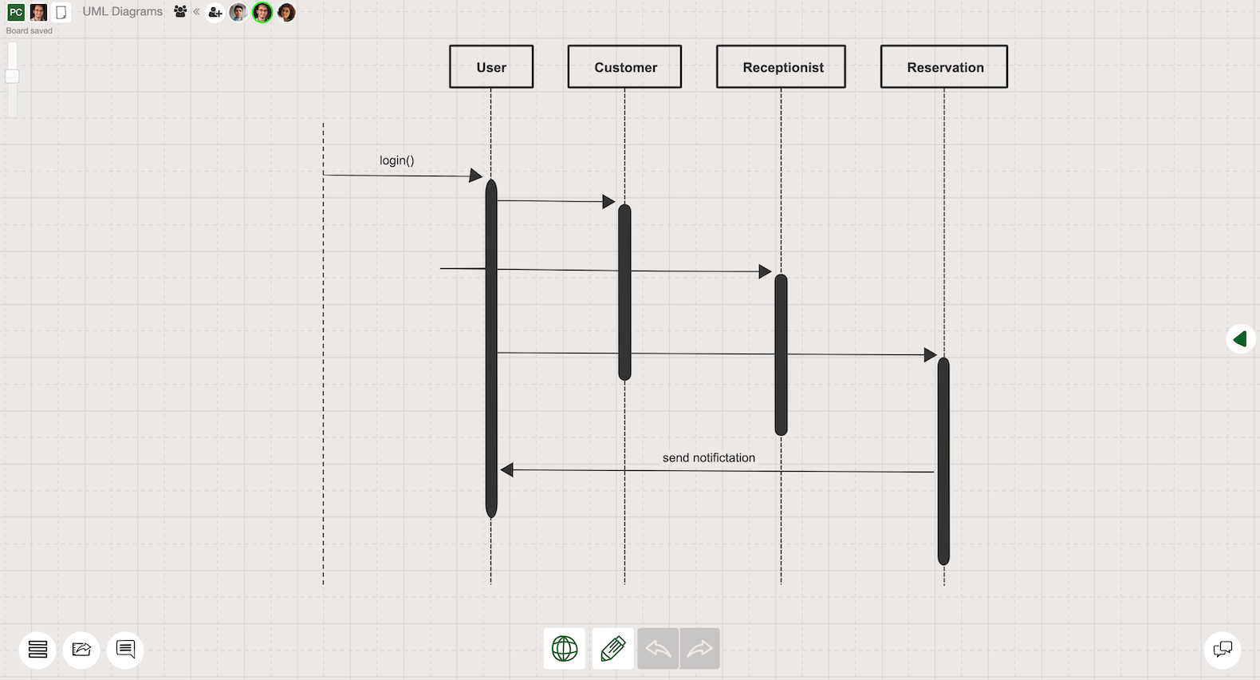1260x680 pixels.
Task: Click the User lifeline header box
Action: click(x=491, y=67)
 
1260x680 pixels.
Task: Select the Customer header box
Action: click(x=624, y=67)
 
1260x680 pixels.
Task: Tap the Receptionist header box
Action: click(x=781, y=67)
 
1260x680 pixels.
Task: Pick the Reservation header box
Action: click(x=944, y=67)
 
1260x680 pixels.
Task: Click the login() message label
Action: click(x=396, y=160)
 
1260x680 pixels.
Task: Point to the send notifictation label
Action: click(x=708, y=457)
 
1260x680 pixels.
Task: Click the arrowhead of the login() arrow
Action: click(x=476, y=176)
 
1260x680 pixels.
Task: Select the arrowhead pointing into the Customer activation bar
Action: click(x=608, y=202)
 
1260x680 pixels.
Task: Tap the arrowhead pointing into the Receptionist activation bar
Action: click(x=765, y=272)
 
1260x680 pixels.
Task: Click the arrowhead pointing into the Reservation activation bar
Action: click(x=930, y=355)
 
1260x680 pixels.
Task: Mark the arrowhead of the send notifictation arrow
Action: click(x=507, y=470)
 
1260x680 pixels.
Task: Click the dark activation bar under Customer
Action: click(x=624, y=292)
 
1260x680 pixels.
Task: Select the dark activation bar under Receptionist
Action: click(x=781, y=354)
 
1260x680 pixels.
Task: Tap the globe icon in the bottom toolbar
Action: click(x=565, y=649)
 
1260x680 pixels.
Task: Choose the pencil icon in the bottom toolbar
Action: click(x=612, y=649)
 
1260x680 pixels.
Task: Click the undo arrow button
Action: click(x=658, y=649)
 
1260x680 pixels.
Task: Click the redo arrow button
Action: click(x=699, y=649)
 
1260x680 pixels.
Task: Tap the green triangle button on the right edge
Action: click(x=1240, y=339)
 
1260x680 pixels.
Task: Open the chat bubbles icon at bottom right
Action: click(x=1222, y=649)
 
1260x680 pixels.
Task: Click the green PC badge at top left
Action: click(x=16, y=12)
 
